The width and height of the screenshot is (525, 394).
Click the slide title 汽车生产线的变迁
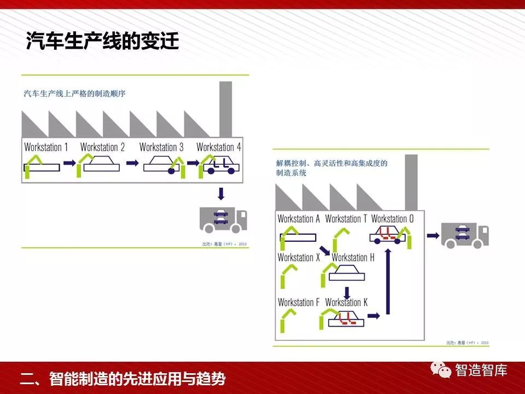[103, 42]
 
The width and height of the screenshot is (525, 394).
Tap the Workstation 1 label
[46, 147]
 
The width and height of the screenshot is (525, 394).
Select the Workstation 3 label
[161, 147]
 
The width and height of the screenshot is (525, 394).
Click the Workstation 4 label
[219, 147]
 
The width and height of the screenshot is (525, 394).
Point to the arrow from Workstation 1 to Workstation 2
[69, 163]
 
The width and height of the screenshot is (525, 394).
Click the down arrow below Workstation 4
[221, 193]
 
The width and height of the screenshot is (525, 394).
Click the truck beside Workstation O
[465, 235]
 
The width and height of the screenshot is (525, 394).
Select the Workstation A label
[299, 219]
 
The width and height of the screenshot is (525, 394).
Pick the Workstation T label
[346, 219]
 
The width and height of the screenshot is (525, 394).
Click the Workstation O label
[393, 219]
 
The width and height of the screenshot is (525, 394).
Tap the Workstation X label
[299, 257]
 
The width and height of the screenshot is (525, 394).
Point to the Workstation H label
[353, 257]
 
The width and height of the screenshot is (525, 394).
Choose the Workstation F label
[299, 302]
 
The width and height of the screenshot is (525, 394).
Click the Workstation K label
[346, 302]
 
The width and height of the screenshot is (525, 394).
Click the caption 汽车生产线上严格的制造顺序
[75, 94]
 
